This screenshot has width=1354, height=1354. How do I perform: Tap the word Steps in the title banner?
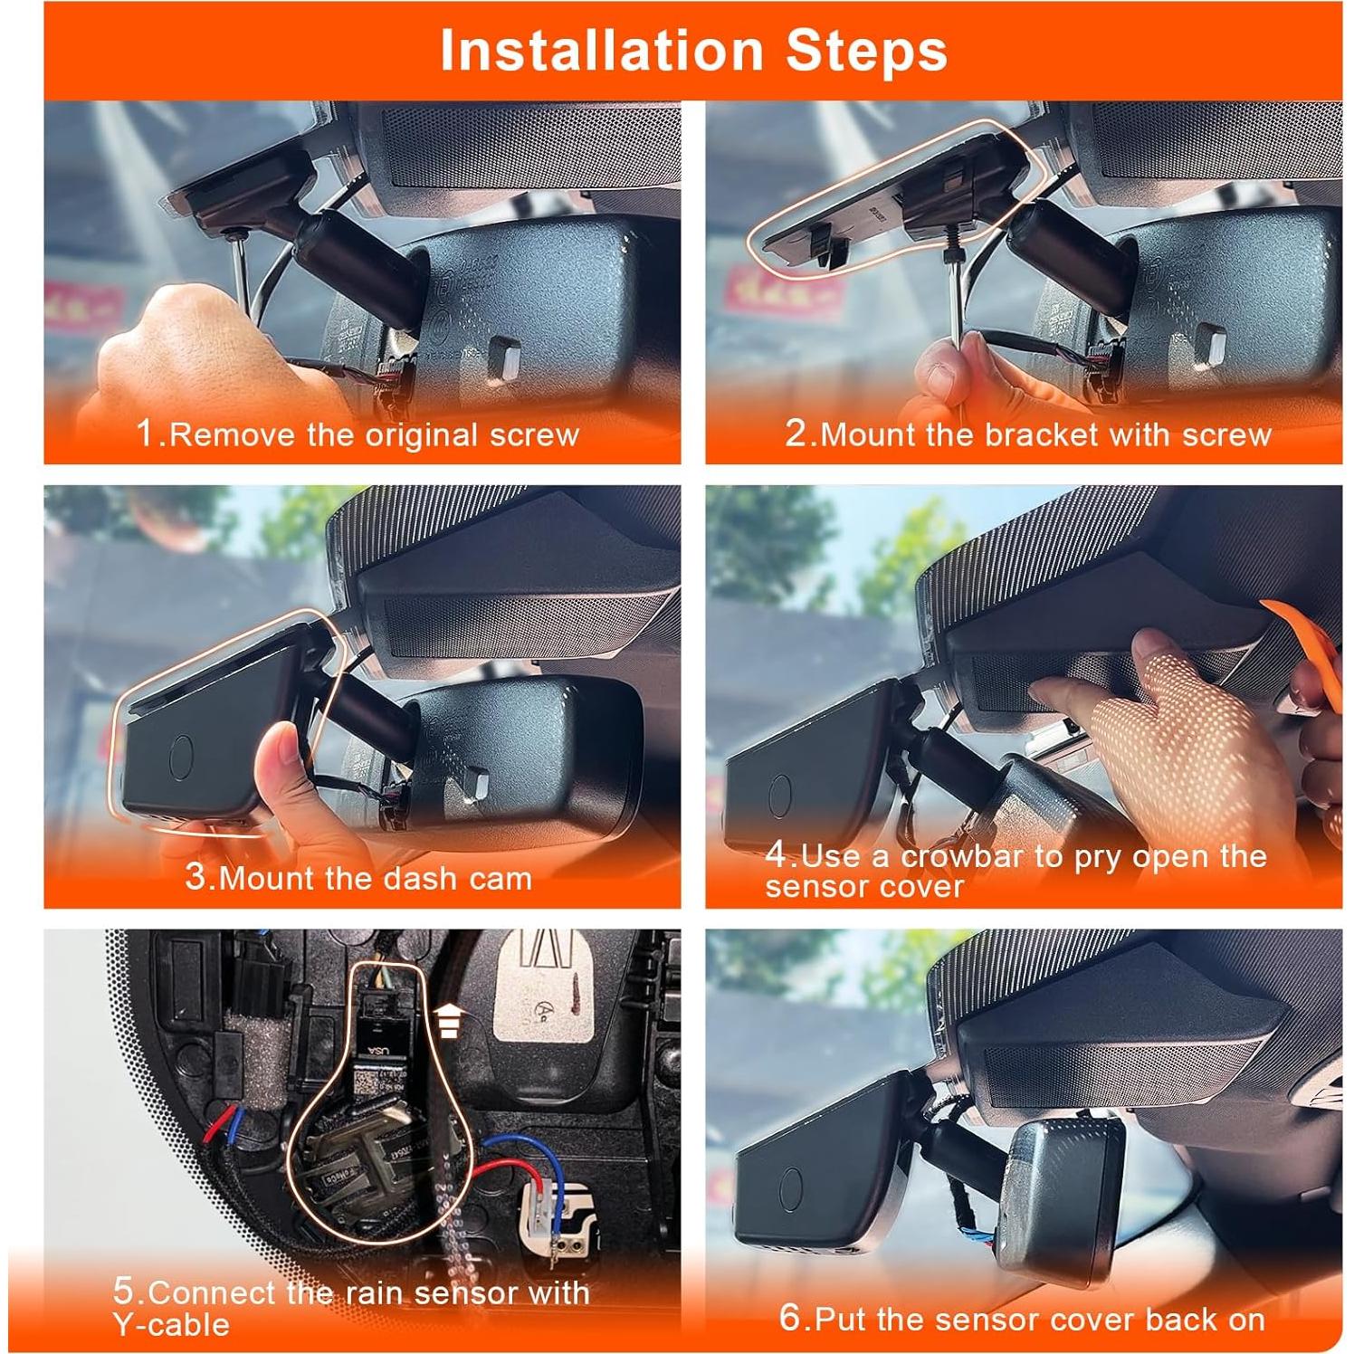(866, 51)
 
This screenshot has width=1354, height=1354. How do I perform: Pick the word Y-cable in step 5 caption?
(171, 1324)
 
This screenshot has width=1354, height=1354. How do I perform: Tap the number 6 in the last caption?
(790, 1318)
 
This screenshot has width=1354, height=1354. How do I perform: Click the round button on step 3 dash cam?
(182, 757)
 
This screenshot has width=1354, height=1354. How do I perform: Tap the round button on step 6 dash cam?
(791, 1185)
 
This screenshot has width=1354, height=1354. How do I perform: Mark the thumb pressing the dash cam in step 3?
(276, 769)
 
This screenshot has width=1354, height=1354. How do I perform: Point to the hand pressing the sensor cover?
(1168, 724)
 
